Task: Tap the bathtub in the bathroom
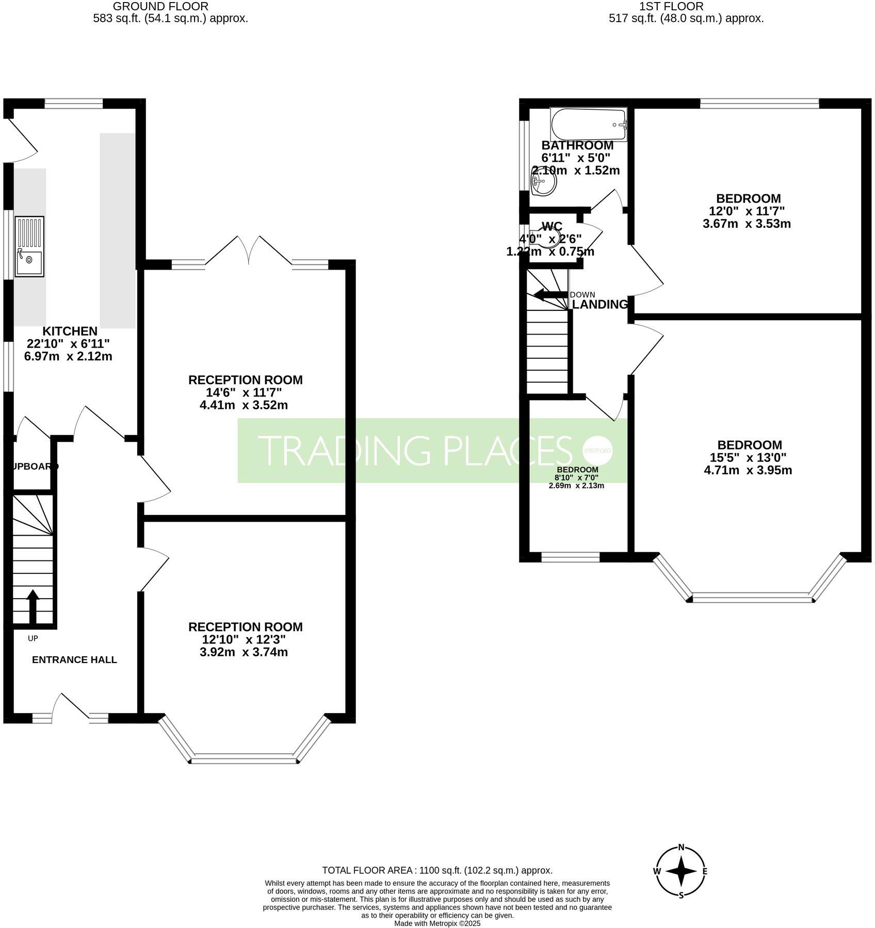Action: coord(589,124)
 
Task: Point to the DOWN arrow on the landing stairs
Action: coord(550,295)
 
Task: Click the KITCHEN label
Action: coord(70,331)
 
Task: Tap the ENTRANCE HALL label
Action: coord(74,660)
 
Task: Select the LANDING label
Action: coord(599,305)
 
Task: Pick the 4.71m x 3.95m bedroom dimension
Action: coord(748,470)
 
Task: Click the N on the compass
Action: coord(681,847)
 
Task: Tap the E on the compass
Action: coord(705,872)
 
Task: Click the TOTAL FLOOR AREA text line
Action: coord(437,870)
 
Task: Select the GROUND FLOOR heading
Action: coord(160,7)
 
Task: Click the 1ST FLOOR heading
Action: coord(671,7)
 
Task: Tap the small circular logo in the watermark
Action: coord(597,450)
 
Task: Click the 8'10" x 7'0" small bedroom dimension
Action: coord(577,477)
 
